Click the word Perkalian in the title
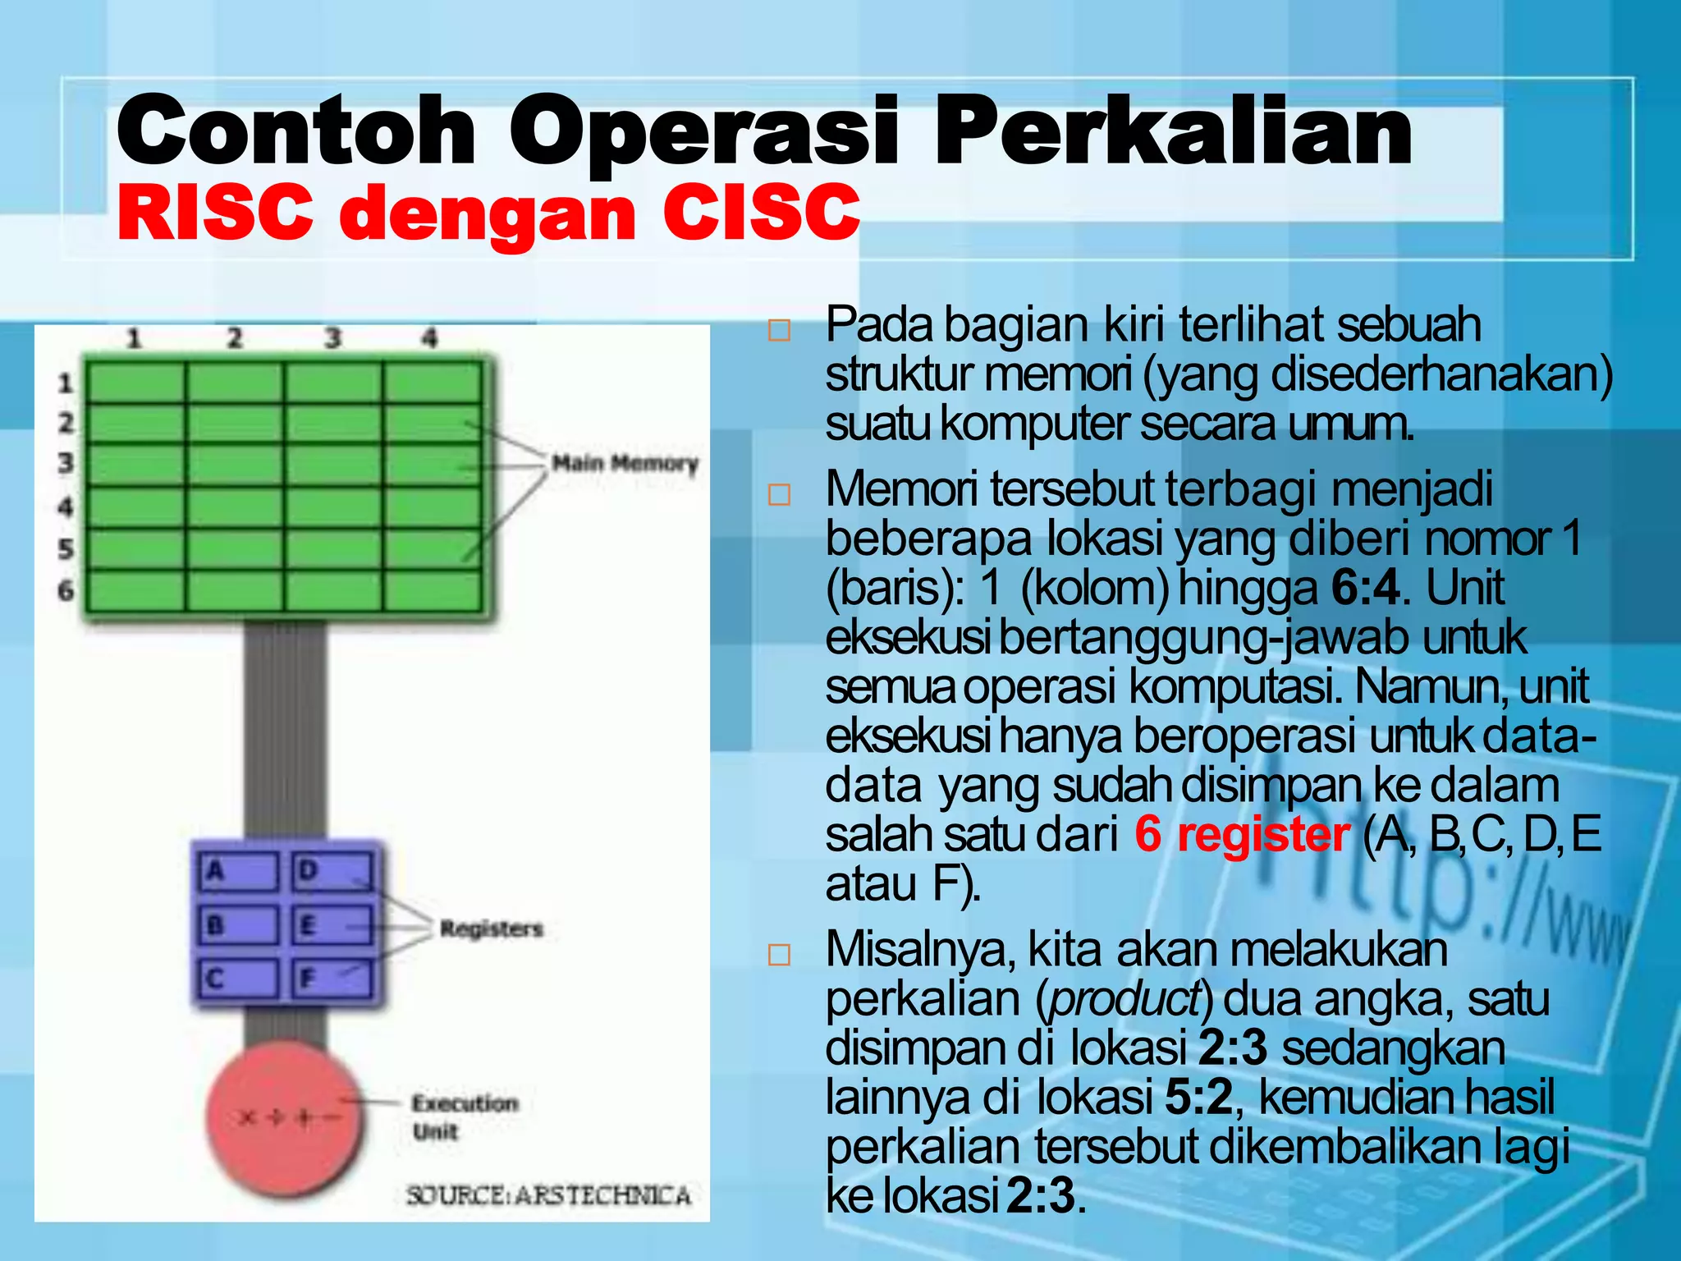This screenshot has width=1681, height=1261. pos(1174,131)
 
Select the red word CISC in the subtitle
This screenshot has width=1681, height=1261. pos(761,213)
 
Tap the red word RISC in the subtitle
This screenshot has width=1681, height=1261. pos(215,213)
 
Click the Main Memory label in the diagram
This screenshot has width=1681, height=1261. pos(625,464)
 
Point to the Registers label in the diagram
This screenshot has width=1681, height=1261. pos(491,929)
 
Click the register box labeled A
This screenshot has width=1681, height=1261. pos(238,871)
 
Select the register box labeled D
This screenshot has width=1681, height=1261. pos(332,871)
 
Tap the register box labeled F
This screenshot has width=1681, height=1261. pos(332,979)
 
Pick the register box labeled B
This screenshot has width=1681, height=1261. pos(238,925)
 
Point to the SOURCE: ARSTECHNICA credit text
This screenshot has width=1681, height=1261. pos(548,1195)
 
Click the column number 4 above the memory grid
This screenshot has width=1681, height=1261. pos(430,337)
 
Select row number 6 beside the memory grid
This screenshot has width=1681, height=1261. pos(66,589)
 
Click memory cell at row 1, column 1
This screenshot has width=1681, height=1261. pos(136,383)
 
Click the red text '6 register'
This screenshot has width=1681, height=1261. pos(1242,835)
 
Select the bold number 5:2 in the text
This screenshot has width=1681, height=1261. pos(1198,1097)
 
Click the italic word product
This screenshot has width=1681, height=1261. pos(1124,999)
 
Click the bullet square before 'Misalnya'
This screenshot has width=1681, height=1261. pos(778,955)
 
